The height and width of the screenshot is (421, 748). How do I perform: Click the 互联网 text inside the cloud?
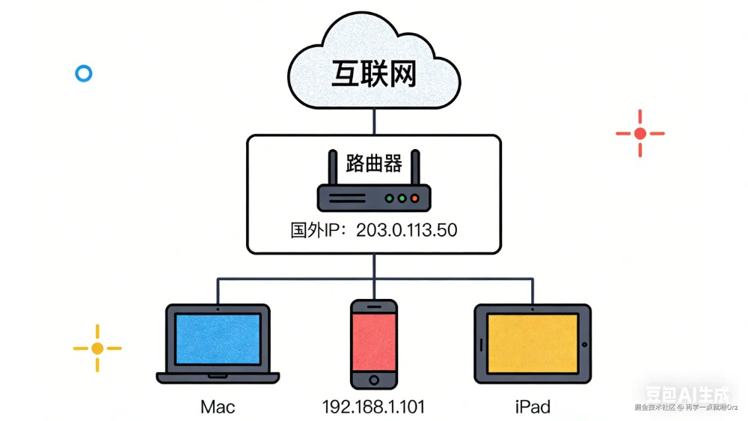[x=373, y=75]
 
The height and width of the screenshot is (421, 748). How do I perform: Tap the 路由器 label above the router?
[x=374, y=163]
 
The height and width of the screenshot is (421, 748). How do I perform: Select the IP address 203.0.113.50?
[x=406, y=230]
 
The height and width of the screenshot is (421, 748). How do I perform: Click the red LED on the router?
[x=415, y=199]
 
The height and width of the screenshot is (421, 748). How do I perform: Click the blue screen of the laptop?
[x=218, y=339]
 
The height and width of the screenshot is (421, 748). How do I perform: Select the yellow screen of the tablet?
[x=533, y=344]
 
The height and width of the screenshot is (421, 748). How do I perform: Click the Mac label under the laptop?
[x=218, y=408]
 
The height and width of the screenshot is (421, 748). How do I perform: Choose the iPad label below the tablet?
[x=533, y=408]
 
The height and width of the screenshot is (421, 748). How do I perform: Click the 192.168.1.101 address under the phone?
[x=373, y=408]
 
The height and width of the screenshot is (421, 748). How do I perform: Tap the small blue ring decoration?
[x=84, y=73]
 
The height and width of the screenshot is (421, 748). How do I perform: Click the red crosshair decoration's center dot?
[x=640, y=133]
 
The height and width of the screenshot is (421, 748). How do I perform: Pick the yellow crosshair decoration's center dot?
[x=97, y=348]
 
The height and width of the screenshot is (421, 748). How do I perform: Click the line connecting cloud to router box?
[x=373, y=121]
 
